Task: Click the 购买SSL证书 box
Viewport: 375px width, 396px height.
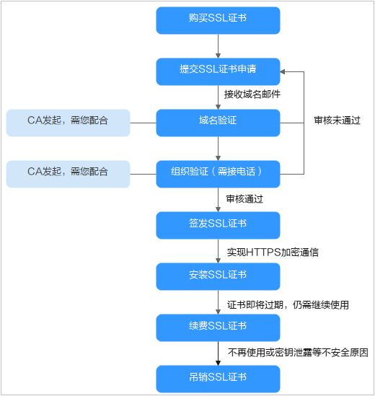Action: click(x=218, y=20)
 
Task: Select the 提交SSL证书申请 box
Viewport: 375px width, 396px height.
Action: click(x=218, y=71)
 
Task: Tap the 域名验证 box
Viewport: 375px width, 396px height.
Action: click(x=218, y=123)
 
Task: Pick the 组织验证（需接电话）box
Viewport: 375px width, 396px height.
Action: click(x=218, y=174)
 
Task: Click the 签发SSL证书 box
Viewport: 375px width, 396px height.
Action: click(x=218, y=225)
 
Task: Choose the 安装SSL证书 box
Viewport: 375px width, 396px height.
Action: click(x=218, y=276)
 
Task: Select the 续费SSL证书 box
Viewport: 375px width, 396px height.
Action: click(x=218, y=327)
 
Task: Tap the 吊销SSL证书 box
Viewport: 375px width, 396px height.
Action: click(x=218, y=379)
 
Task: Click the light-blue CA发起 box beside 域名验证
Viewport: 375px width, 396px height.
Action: click(x=68, y=123)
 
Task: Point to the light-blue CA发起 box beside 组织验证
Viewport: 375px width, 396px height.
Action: click(x=68, y=174)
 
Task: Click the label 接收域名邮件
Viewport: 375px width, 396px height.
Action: click(x=252, y=94)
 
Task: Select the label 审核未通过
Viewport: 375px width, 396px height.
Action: click(x=337, y=120)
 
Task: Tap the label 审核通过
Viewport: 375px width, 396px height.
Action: click(x=244, y=199)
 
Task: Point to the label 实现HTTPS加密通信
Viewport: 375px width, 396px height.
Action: click(x=273, y=252)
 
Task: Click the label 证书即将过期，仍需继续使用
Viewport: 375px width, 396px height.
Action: click(x=288, y=305)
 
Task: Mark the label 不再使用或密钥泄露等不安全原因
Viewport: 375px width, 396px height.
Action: click(x=298, y=353)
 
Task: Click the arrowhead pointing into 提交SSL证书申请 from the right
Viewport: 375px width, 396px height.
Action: click(x=282, y=71)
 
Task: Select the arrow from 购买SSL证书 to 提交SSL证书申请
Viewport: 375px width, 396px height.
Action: click(x=219, y=46)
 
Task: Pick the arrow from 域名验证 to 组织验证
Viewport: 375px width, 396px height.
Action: click(x=219, y=149)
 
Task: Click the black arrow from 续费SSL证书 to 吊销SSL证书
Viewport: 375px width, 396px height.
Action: click(x=219, y=353)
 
